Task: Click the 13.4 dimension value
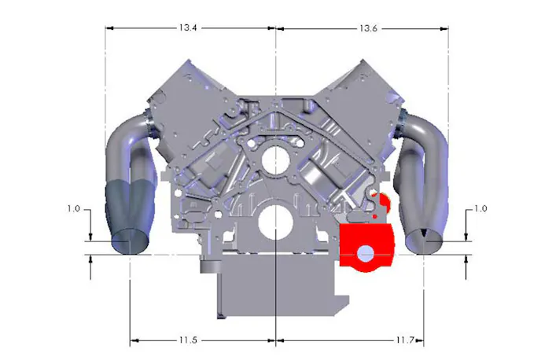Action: coord(188,28)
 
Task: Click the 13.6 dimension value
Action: coord(369,28)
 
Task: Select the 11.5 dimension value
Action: coord(188,340)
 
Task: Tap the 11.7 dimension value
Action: coord(405,340)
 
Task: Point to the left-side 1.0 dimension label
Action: coord(73,208)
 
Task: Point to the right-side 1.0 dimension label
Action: coord(481,208)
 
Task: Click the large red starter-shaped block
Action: coord(366,247)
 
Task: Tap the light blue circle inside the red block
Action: coord(366,255)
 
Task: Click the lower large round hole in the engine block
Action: coord(275,223)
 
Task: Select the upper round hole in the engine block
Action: coord(275,160)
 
